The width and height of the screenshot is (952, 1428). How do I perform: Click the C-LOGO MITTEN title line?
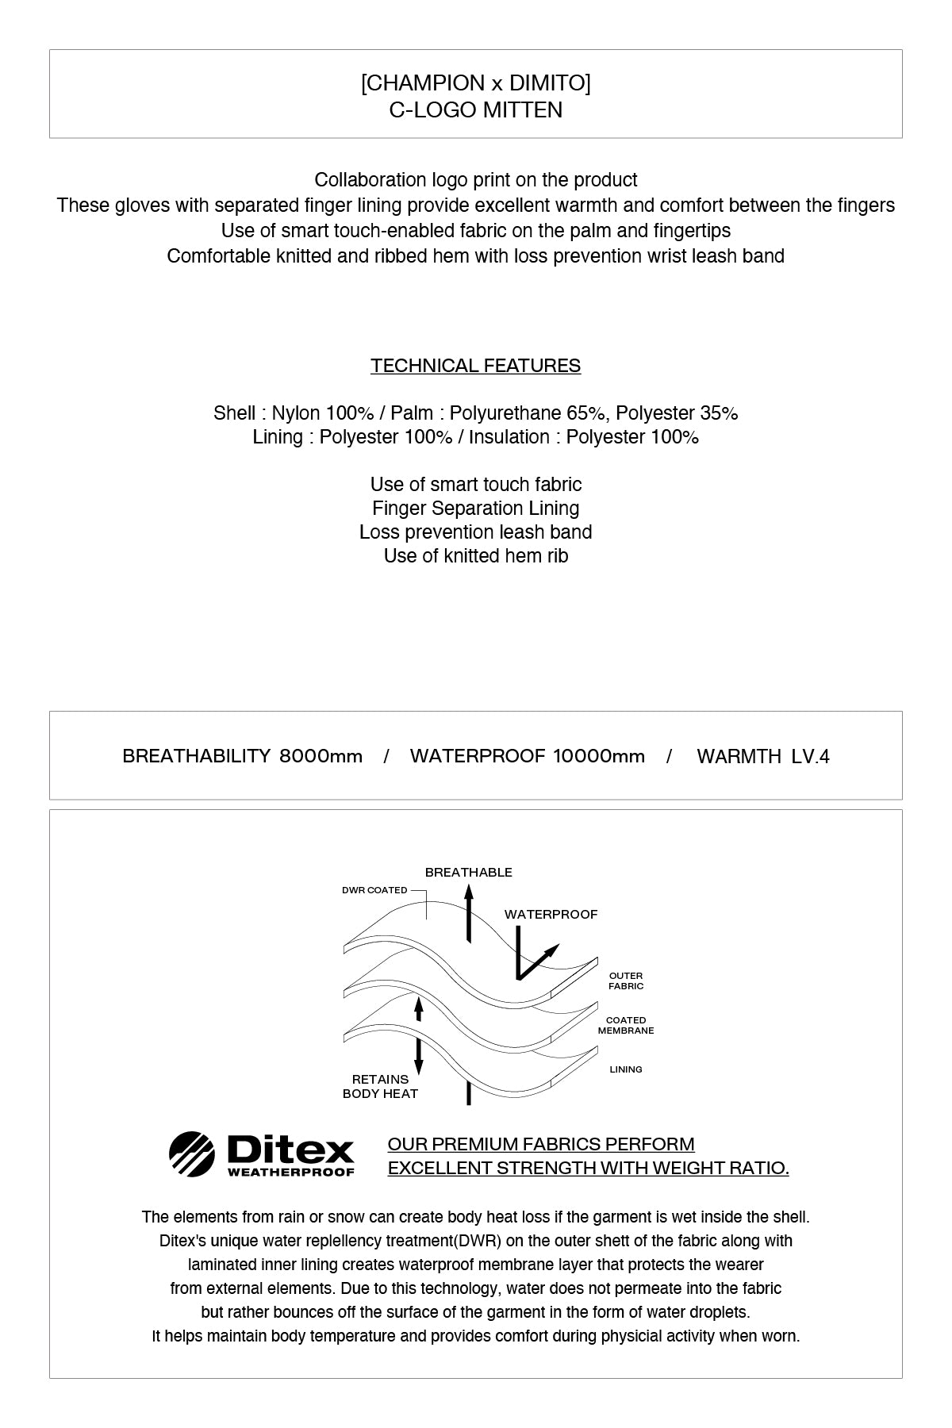pos(476,109)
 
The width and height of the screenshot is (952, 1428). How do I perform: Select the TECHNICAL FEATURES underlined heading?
pos(476,366)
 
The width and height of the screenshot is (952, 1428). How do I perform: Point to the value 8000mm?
pos(321,756)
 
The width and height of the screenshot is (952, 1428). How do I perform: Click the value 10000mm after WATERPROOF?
pos(599,756)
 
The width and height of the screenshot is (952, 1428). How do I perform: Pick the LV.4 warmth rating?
pos(810,756)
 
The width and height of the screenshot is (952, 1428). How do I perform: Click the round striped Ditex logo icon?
pos(191,1154)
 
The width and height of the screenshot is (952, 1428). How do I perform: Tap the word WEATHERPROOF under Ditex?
pos(290,1172)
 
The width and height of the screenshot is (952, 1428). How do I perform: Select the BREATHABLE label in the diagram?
pos(469,873)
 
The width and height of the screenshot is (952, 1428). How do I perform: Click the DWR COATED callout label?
pos(374,890)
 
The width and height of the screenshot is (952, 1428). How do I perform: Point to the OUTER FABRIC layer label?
pos(626,981)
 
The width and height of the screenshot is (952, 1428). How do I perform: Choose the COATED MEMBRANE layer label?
pos(626,1026)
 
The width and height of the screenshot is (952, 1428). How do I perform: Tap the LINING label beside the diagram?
pos(626,1069)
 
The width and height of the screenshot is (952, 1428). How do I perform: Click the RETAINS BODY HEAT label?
pos(380,1087)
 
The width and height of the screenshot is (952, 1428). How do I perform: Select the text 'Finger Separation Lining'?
pos(476,509)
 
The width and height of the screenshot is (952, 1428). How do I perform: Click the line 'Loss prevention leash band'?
pos(476,532)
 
